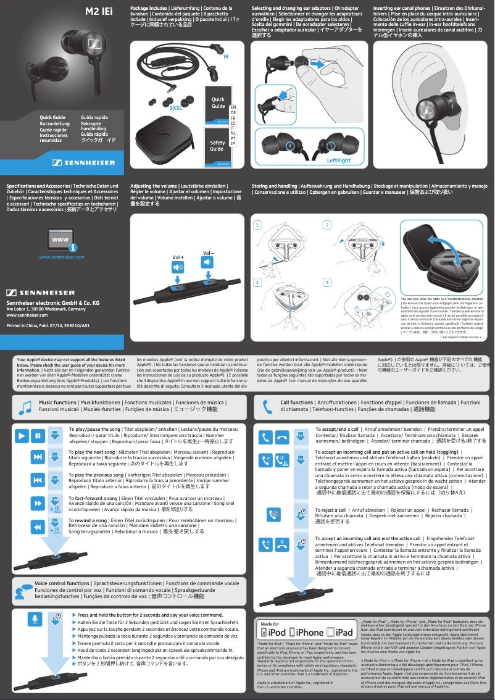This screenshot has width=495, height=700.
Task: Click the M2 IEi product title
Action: tap(98, 10)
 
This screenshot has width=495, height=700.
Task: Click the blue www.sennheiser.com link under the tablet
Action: tap(62, 256)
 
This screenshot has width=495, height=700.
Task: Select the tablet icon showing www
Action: tap(61, 238)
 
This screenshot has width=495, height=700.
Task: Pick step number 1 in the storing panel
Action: tap(257, 225)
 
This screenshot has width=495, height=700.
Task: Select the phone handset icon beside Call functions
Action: tap(267, 407)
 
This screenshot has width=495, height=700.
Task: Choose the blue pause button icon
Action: tap(38, 436)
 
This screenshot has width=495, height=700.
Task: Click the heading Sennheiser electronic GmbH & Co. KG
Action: tap(52, 303)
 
